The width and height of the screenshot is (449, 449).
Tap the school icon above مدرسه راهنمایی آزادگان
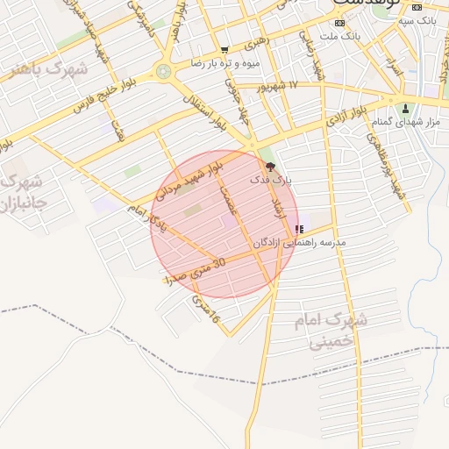[299, 230]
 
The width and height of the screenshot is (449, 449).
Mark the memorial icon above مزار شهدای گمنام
[405, 109]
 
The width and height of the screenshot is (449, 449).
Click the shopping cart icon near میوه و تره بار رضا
[224, 50]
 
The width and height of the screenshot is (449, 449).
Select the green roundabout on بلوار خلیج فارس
[164, 71]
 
